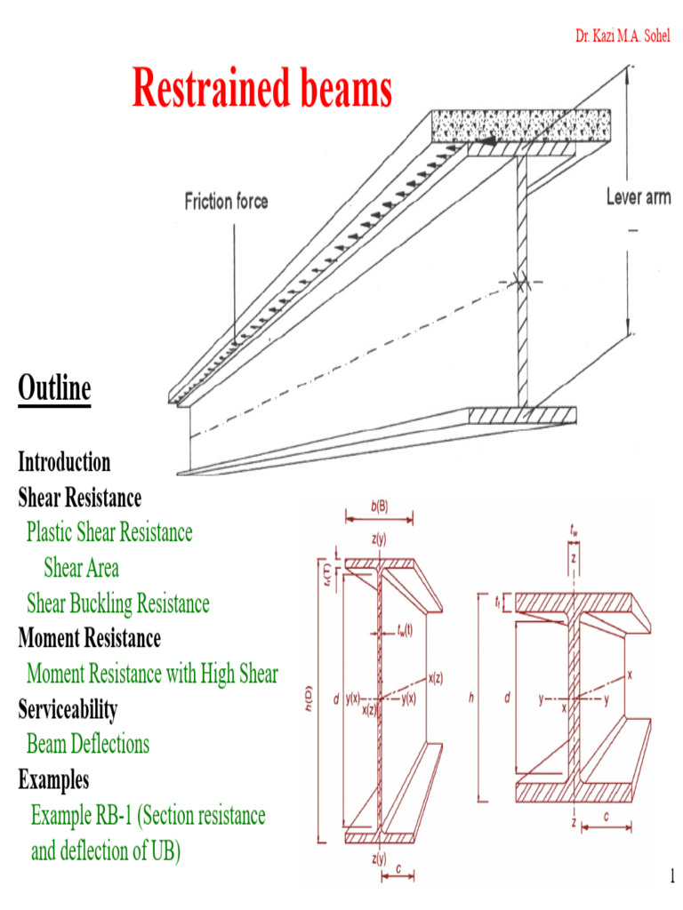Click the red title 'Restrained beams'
pyautogui.click(x=261, y=89)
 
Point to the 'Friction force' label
pyautogui.click(x=226, y=202)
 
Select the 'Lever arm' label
pyautogui.click(x=639, y=197)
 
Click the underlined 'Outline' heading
pyautogui.click(x=54, y=389)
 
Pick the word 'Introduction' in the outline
pyautogui.click(x=64, y=462)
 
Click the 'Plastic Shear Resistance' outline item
pyautogui.click(x=109, y=532)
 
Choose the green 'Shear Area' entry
pyautogui.click(x=81, y=568)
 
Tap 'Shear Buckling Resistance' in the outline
pyautogui.click(x=118, y=603)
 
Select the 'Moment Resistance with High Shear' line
pyautogui.click(x=152, y=674)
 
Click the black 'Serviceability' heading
pyautogui.click(x=68, y=709)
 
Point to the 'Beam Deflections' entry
pyautogui.click(x=88, y=744)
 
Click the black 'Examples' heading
pyautogui.click(x=53, y=779)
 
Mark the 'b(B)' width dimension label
pyautogui.click(x=379, y=507)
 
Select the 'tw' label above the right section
pyautogui.click(x=574, y=530)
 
